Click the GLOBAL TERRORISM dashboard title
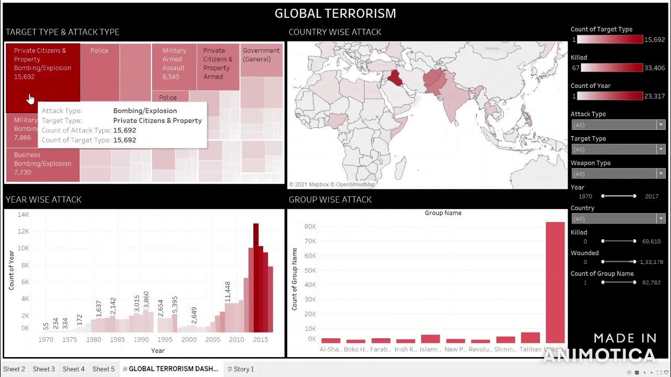(x=335, y=14)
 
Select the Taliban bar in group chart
(x=530, y=337)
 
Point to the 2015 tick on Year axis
(x=260, y=339)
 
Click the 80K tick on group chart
(x=309, y=226)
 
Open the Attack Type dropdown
(x=618, y=125)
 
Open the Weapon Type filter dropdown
(x=618, y=173)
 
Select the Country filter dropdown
(x=618, y=218)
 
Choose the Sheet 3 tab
(x=44, y=369)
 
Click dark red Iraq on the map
(x=395, y=79)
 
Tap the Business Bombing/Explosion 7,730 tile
(x=42, y=164)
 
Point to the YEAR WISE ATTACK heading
(x=44, y=199)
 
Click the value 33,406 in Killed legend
(x=654, y=68)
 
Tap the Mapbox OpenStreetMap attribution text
(x=332, y=184)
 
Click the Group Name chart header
(x=443, y=213)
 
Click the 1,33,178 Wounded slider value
(x=651, y=262)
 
